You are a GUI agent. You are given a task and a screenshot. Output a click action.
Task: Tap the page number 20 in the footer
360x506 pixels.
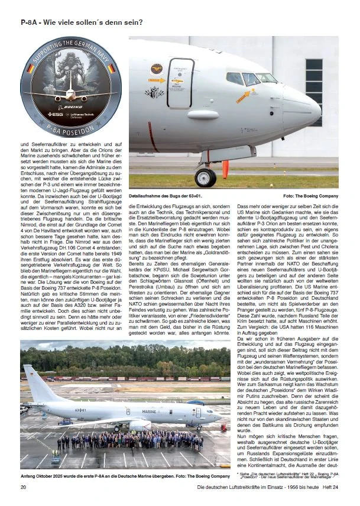[x=24, y=486]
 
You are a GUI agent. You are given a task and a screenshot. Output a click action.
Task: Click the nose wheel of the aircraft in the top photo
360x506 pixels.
[x=206, y=177]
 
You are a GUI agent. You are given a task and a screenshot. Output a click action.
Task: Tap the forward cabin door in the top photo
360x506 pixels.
[x=180, y=83]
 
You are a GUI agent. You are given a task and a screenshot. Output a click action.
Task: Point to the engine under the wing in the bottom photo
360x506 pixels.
[x=138, y=424]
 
